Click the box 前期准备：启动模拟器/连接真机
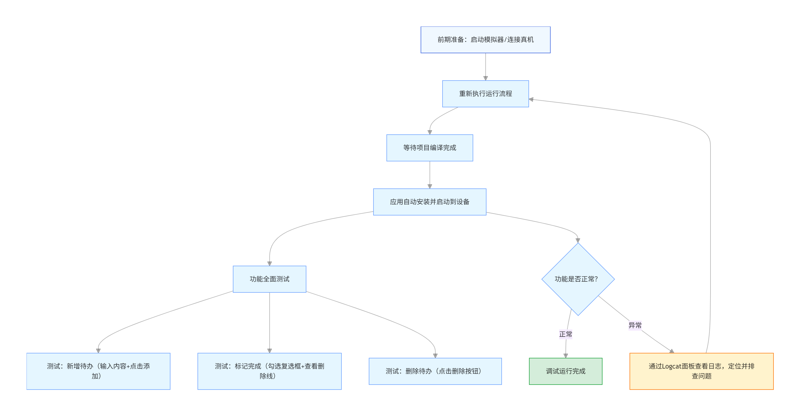point(485,40)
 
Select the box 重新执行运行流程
point(485,94)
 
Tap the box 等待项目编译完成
point(430,148)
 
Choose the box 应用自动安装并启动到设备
point(430,202)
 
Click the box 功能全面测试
point(269,279)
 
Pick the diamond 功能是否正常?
point(578,279)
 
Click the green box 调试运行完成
point(565,371)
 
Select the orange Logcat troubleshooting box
point(701,371)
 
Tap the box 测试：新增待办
point(98,371)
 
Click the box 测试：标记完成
point(269,371)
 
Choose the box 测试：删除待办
point(435,371)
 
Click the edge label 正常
point(565,334)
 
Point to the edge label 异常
point(635,325)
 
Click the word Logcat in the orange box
point(672,366)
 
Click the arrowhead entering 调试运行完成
point(565,356)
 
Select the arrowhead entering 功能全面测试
point(269,263)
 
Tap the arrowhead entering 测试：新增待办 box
point(98,351)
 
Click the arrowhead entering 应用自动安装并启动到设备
point(430,186)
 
